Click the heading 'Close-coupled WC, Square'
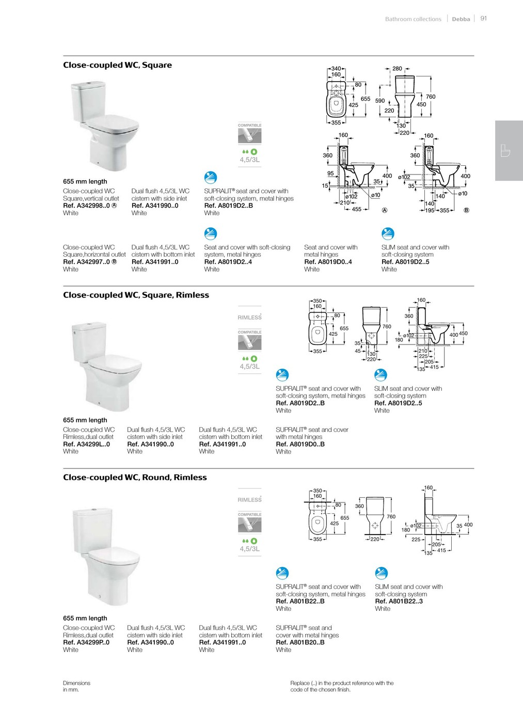(x=117, y=65)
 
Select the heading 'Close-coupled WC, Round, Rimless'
(x=135, y=478)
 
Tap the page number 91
(x=484, y=18)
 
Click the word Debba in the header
(x=461, y=19)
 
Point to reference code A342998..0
(x=86, y=206)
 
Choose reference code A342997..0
(x=86, y=262)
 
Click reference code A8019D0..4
(x=328, y=262)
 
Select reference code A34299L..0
(x=86, y=444)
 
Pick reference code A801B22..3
(x=399, y=601)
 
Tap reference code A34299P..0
(x=86, y=642)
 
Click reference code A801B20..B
(x=300, y=642)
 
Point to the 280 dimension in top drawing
(x=397, y=68)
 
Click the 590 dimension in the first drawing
(x=380, y=101)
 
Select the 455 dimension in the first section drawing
(x=357, y=210)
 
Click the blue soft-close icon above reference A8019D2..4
(x=211, y=234)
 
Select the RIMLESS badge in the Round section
(x=250, y=500)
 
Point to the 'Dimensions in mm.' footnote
(x=76, y=686)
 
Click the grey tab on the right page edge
(x=509, y=151)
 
